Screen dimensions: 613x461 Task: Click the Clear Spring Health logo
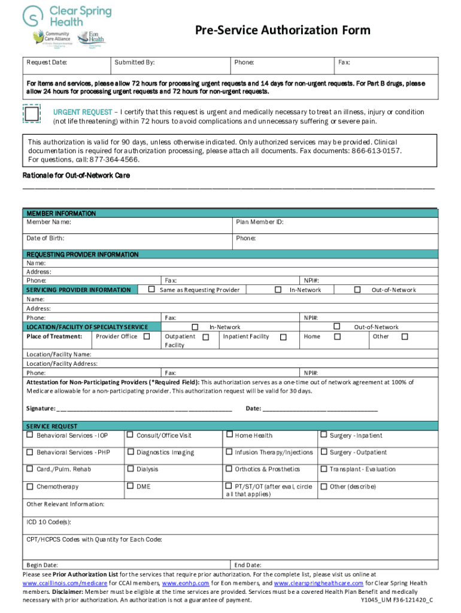coord(67,16)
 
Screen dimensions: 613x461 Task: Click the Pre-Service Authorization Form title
coord(281,31)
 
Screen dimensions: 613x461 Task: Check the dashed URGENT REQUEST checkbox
coord(31,114)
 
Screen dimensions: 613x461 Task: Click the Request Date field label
coord(46,62)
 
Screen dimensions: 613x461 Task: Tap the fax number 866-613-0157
coord(376,151)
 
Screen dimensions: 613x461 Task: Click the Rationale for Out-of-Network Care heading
coord(76,175)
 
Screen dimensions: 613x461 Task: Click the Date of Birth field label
coord(46,238)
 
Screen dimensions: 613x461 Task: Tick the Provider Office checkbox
coord(147,336)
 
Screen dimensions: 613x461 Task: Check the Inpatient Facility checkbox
coord(283,337)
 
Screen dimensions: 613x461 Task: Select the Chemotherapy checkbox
coord(30,486)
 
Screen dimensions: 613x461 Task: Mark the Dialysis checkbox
coord(130,469)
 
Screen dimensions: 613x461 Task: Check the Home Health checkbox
coord(229,435)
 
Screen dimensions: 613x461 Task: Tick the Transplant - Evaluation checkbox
coord(324,469)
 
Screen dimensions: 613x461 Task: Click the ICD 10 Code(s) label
coord(49,522)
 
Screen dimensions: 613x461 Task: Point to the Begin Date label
coord(43,565)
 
